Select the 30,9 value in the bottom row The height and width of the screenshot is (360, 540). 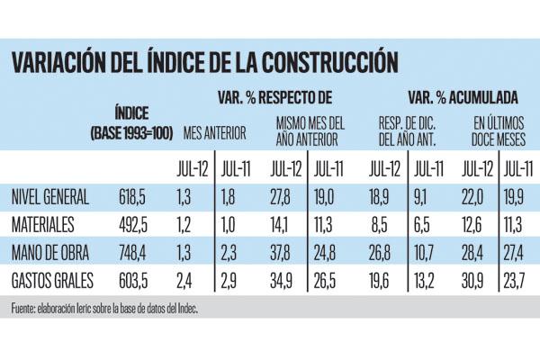pos(478,276)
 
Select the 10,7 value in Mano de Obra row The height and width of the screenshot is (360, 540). pos(427,249)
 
